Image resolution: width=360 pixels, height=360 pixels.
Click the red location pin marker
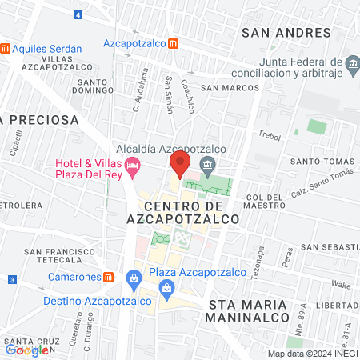(178, 164)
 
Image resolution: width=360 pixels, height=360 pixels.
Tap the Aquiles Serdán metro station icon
(6, 48)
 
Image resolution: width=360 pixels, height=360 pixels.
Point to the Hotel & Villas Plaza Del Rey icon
(133, 165)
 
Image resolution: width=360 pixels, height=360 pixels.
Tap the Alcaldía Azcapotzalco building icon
(209, 166)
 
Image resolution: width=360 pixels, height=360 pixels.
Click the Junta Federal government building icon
(352, 63)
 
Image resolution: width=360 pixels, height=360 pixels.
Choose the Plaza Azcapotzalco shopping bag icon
(134, 278)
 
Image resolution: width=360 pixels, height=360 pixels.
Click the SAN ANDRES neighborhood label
(286, 32)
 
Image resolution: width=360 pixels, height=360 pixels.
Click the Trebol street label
(270, 136)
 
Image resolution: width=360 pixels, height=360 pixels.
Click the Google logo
(26, 350)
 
